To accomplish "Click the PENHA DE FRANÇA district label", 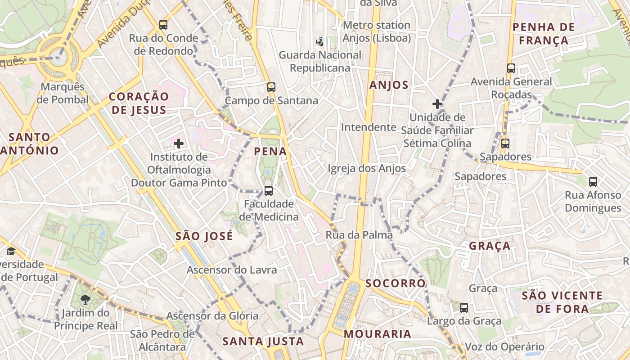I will (x=544, y=34).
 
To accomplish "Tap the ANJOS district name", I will (x=389, y=85).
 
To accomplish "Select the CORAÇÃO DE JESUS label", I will (x=139, y=103).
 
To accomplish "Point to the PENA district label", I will (x=270, y=152).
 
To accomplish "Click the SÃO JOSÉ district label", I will (x=204, y=236).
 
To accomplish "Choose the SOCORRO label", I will (x=396, y=283).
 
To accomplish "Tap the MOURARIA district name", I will (x=378, y=334).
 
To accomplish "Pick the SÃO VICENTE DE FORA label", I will (x=562, y=302).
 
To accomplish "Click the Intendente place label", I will (x=369, y=127).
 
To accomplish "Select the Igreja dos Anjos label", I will (x=367, y=168).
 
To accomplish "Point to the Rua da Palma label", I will (x=359, y=235).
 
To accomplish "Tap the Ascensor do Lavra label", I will (x=232, y=270).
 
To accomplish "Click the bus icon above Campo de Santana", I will (x=271, y=87).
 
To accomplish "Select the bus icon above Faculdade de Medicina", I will (x=269, y=191).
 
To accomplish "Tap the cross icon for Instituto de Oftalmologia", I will (x=179, y=144).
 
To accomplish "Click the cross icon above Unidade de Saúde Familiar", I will (x=437, y=104).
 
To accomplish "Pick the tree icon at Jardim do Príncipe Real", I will (x=85, y=300).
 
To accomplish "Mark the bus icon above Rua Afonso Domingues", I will (x=593, y=182).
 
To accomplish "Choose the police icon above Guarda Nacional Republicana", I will (x=320, y=42).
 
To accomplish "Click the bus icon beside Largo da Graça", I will (x=464, y=308).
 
